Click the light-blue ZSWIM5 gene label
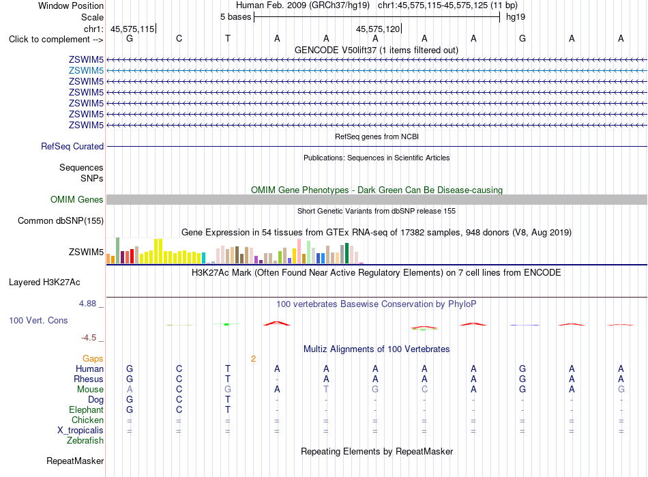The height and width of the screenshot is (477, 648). click(x=86, y=71)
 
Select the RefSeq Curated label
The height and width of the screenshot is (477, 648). click(x=72, y=146)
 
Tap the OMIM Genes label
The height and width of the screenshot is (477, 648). click(x=77, y=200)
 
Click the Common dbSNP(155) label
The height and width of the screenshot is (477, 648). click(x=61, y=220)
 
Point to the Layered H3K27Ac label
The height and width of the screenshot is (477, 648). click(x=44, y=283)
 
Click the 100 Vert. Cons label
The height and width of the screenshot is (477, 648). click(x=38, y=320)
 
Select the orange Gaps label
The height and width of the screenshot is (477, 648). click(x=93, y=359)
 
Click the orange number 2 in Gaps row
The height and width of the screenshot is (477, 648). click(x=253, y=359)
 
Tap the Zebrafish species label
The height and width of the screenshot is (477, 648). click(x=85, y=441)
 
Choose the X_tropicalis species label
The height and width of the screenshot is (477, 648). click(x=80, y=431)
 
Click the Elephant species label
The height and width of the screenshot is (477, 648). click(x=87, y=409)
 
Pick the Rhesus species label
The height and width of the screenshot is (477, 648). click(x=89, y=379)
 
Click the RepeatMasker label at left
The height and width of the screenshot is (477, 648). click(x=75, y=461)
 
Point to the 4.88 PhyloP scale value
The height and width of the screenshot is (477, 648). click(x=87, y=304)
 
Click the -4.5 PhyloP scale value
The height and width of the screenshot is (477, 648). click(x=89, y=338)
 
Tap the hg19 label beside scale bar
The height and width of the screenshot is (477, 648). click(x=516, y=17)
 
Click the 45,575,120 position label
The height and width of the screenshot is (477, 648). click(x=378, y=29)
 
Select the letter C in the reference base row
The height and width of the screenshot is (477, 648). click(x=179, y=38)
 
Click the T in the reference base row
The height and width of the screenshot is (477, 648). click(x=228, y=38)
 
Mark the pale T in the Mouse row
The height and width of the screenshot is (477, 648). click(x=326, y=390)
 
